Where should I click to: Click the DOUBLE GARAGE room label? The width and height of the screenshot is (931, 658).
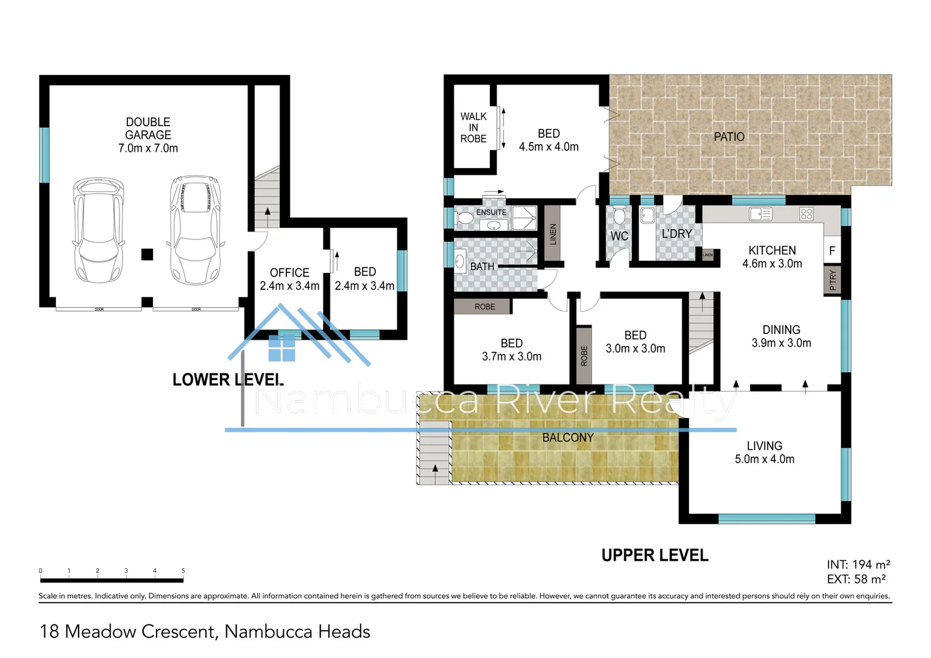click(148, 135)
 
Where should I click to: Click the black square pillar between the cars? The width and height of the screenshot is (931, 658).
click(147, 254)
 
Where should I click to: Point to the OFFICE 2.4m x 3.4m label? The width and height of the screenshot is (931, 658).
click(289, 279)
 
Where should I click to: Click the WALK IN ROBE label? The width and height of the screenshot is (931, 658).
click(473, 127)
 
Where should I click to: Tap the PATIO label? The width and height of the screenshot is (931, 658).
click(729, 136)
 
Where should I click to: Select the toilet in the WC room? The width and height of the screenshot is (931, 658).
click(619, 216)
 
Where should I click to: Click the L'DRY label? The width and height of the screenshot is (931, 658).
click(676, 234)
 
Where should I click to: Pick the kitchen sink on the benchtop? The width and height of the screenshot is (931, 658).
click(760, 214)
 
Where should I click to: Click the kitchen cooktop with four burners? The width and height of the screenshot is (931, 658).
click(806, 214)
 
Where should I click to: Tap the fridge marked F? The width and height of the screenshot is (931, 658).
click(832, 251)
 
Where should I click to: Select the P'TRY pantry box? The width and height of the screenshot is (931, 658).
click(832, 280)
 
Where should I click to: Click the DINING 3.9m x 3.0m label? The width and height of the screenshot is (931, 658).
click(781, 336)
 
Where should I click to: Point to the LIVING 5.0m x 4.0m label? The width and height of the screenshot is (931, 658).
click(764, 453)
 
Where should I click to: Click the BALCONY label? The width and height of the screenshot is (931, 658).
click(567, 437)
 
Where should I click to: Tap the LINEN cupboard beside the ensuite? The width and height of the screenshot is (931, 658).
click(553, 233)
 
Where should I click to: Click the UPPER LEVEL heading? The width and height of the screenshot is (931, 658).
click(654, 555)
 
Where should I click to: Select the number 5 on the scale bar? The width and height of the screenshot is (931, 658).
click(183, 571)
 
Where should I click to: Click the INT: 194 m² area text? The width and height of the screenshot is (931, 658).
click(858, 565)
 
